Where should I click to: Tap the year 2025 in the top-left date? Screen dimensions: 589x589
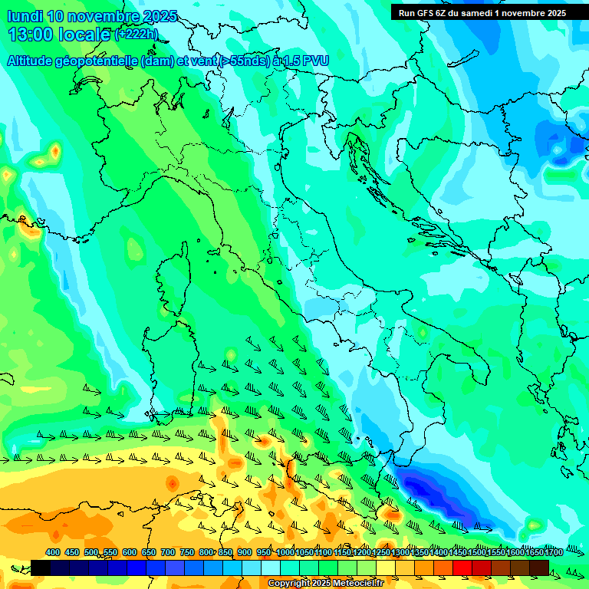tap(160, 16)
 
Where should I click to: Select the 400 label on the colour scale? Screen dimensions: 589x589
tap(53, 552)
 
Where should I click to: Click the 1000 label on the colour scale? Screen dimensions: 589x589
tap(285, 552)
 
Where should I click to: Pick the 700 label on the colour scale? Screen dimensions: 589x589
tap(168, 552)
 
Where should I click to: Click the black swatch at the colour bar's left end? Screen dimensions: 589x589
tap(41, 568)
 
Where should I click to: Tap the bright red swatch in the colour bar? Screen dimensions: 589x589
tap(462, 568)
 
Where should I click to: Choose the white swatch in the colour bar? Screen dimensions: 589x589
tap(271, 568)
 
